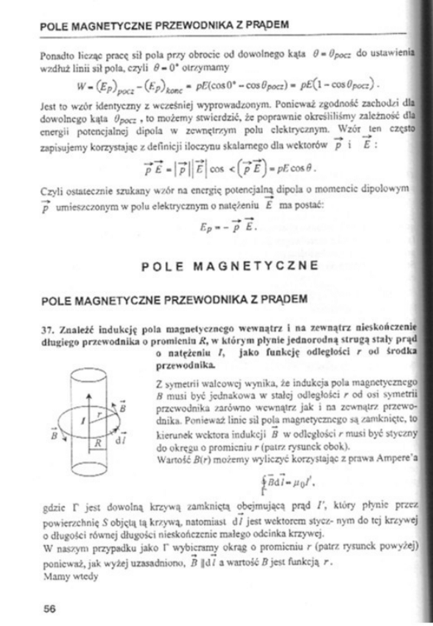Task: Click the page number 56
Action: coord(50,608)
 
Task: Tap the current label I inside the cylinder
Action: coord(85,418)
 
